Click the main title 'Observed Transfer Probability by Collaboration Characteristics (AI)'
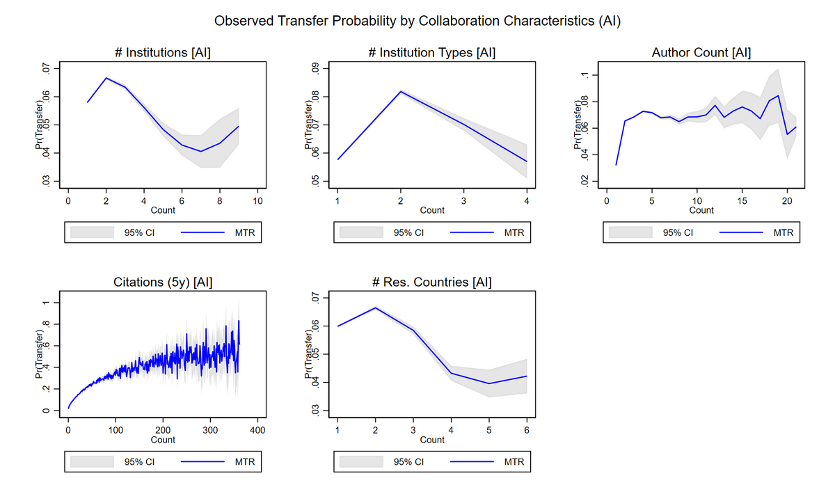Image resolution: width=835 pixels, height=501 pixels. (417, 20)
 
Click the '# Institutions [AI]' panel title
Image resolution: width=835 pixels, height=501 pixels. (162, 53)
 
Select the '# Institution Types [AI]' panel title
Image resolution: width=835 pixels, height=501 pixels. (432, 53)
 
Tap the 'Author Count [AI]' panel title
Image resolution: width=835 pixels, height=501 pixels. (701, 53)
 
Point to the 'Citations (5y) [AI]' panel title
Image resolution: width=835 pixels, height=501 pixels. (162, 283)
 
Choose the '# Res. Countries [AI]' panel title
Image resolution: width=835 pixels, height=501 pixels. (432, 283)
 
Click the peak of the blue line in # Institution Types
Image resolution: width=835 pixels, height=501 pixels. (401, 91)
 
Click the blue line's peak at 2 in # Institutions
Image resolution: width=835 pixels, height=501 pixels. (106, 78)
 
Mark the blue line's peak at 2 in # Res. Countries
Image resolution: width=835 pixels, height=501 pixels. (375, 308)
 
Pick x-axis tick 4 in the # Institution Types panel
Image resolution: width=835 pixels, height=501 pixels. (526, 202)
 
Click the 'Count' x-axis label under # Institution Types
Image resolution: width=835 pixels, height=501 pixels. (432, 210)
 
